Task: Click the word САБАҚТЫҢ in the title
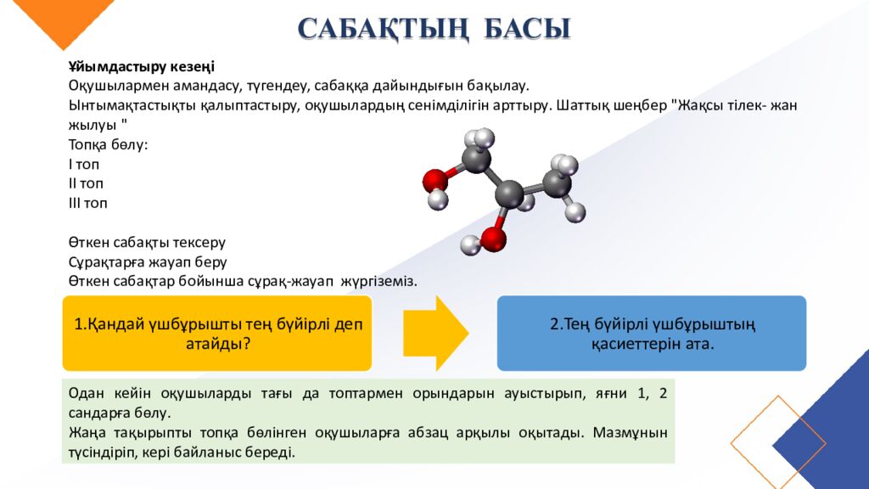click(383, 28)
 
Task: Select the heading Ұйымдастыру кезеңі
click(142, 66)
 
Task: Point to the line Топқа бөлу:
click(108, 144)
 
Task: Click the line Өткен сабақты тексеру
click(147, 242)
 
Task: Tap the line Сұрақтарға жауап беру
click(148, 261)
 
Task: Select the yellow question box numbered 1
click(217, 333)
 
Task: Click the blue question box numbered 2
click(651, 333)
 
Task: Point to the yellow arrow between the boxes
click(434, 333)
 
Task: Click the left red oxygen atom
click(434, 180)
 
